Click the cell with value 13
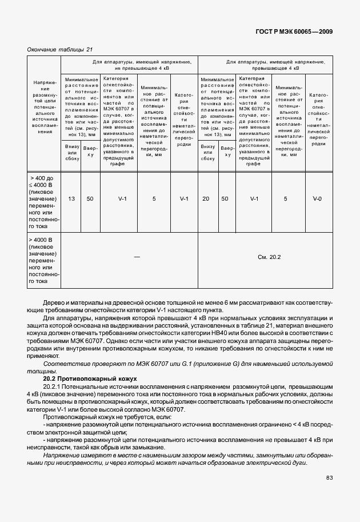click(x=71, y=199)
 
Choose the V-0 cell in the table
click(x=317, y=199)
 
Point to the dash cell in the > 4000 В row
click(x=137, y=258)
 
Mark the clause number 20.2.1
click(x=53, y=387)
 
